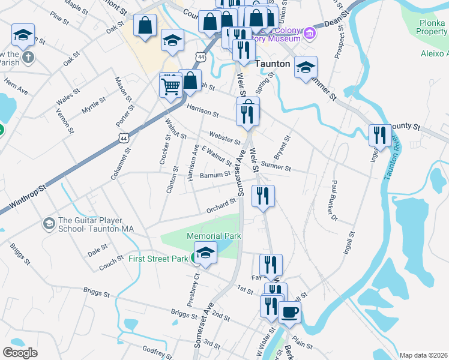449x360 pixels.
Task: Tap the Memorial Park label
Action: tap(214, 236)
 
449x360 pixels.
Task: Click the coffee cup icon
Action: tap(289, 313)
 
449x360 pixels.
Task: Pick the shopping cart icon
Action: tap(171, 85)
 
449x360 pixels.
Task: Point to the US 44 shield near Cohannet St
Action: tap(124, 138)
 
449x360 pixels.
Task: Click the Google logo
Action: tap(20, 353)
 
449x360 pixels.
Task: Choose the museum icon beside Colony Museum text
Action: tap(310, 33)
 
